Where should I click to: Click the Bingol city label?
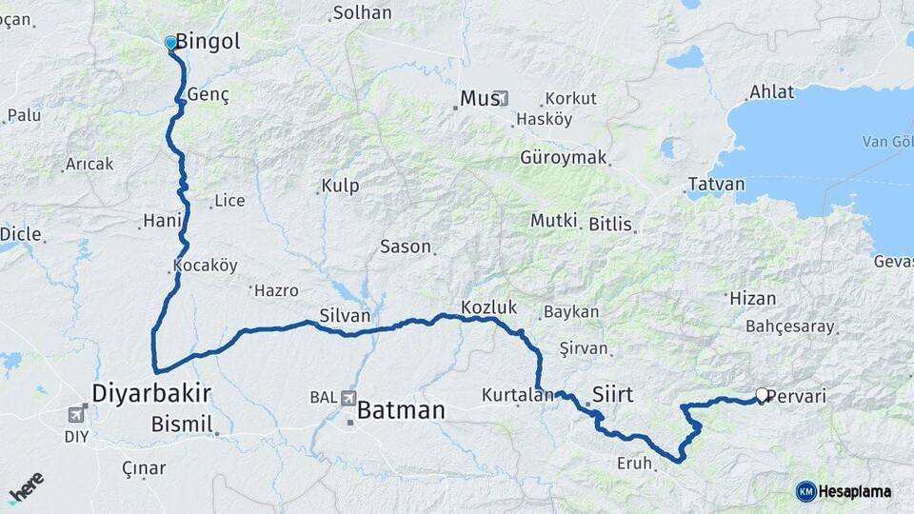click(x=209, y=42)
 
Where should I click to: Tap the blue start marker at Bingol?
click(x=170, y=42)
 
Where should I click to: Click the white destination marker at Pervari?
click(x=762, y=394)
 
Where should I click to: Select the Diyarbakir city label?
click(x=151, y=392)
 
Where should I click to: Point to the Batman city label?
click(x=401, y=410)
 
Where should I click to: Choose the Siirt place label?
click(x=612, y=393)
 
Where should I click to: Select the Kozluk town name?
click(x=487, y=306)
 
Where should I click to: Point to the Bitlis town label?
click(x=610, y=224)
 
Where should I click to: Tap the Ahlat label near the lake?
click(x=770, y=91)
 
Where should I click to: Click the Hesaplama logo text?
click(x=855, y=491)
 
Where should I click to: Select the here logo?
click(x=27, y=486)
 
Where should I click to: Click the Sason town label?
click(x=406, y=246)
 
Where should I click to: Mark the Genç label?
click(x=209, y=95)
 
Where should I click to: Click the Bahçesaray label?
click(x=790, y=326)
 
